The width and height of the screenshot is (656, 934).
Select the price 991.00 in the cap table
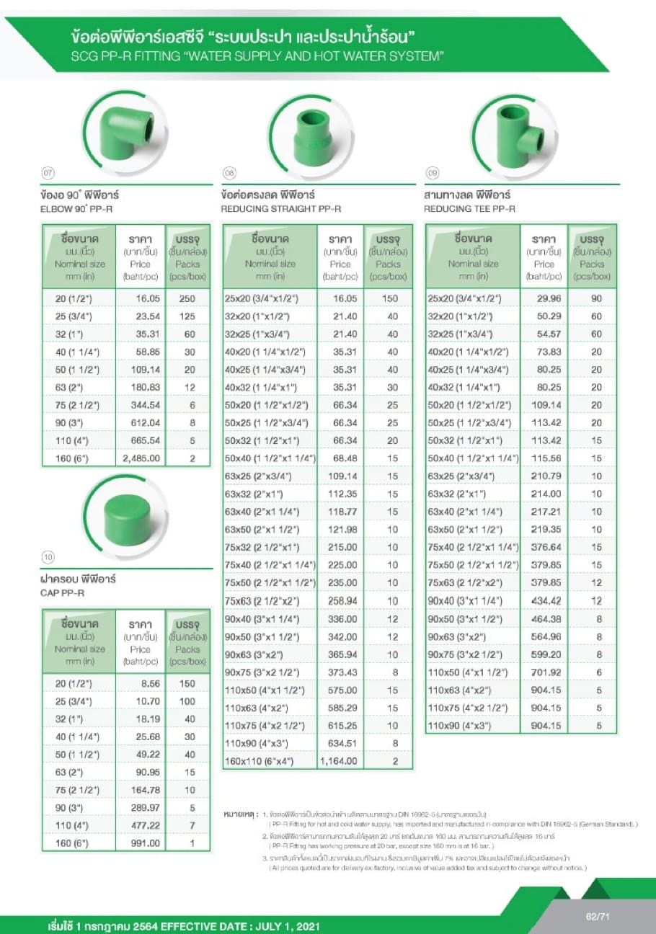(144, 842)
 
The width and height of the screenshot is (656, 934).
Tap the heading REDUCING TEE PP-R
(469, 209)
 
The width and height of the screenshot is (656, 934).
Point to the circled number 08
(230, 173)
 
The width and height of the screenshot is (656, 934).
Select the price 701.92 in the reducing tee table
(545, 672)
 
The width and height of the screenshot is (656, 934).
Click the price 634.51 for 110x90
(341, 742)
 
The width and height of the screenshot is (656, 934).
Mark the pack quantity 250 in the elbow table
(187, 298)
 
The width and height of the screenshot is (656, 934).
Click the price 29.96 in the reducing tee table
(545, 298)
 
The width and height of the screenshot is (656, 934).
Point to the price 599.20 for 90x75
(545, 654)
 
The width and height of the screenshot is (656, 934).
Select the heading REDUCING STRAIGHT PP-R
(280, 209)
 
